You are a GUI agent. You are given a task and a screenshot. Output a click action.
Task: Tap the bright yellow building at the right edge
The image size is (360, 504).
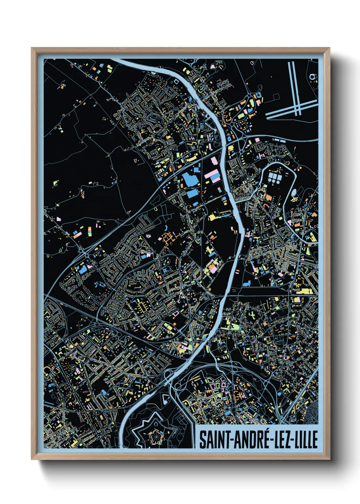305,291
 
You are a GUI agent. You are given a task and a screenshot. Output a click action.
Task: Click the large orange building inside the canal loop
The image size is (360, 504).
269,197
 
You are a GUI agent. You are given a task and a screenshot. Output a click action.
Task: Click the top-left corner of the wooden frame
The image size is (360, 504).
32,48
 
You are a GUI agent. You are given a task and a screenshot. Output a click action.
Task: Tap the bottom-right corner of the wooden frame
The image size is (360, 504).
330,459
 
